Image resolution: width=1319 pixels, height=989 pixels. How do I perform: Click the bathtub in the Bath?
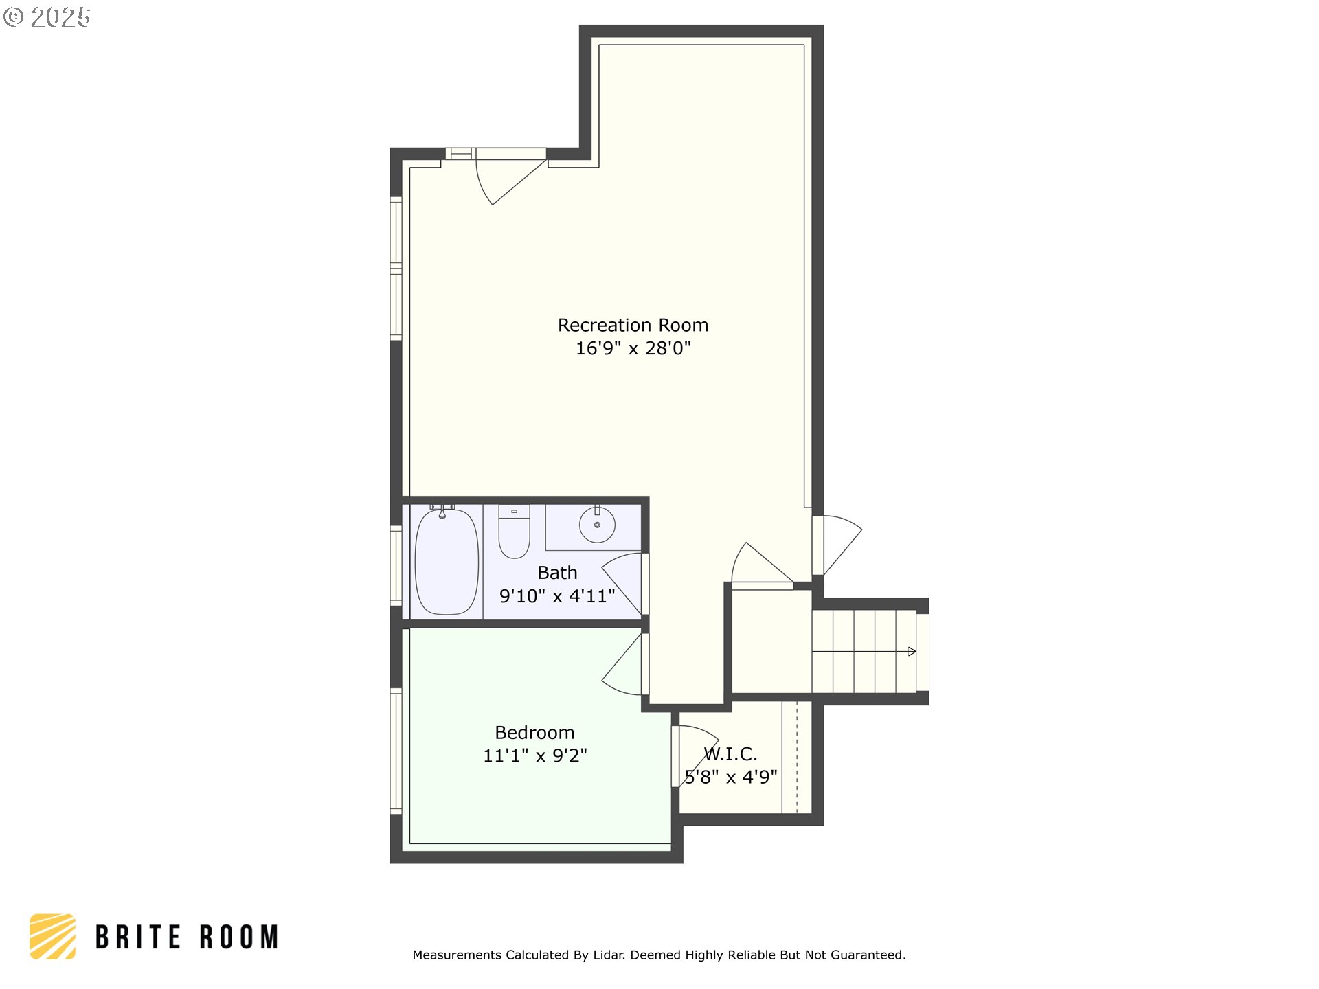pyautogui.click(x=447, y=562)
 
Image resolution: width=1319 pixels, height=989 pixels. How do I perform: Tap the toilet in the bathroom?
pyautogui.click(x=514, y=532)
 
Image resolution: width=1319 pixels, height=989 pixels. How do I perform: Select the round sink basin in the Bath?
pyautogui.click(x=597, y=525)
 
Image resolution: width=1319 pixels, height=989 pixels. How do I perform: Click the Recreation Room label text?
pyautogui.click(x=633, y=325)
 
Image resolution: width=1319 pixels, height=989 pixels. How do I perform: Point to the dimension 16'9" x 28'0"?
pyautogui.click(x=633, y=348)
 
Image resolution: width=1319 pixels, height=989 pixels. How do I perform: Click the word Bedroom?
pyautogui.click(x=534, y=732)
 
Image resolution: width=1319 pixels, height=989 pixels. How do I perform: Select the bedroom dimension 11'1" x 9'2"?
pyautogui.click(x=534, y=755)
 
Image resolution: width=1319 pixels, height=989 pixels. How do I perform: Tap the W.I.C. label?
pyautogui.click(x=731, y=754)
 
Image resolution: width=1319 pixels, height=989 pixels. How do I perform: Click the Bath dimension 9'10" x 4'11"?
pyautogui.click(x=557, y=596)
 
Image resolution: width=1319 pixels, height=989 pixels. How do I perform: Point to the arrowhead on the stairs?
pyautogui.click(x=912, y=651)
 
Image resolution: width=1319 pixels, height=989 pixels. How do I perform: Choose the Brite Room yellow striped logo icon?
pyautogui.click(x=52, y=936)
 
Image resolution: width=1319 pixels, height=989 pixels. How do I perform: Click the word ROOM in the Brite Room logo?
pyautogui.click(x=239, y=937)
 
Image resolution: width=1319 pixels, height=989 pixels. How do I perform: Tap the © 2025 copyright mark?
pyautogui.click(x=47, y=17)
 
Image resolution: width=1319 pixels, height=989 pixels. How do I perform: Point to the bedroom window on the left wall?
pyautogui.click(x=396, y=751)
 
